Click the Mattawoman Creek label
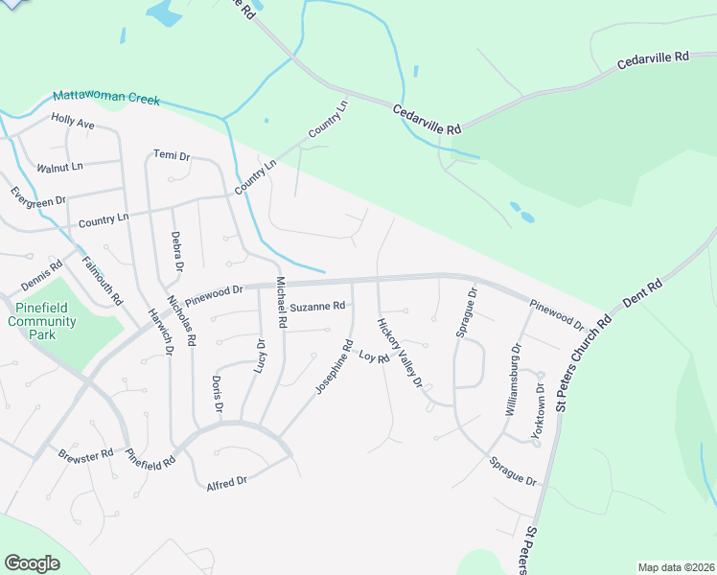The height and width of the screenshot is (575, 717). [x=105, y=97]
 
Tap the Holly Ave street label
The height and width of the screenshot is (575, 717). [x=73, y=123]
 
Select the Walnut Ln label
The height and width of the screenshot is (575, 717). [x=59, y=167]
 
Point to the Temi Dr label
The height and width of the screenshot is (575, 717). [x=172, y=155]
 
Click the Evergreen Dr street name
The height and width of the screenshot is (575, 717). [x=38, y=201]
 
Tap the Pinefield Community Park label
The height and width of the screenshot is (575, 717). [x=42, y=321]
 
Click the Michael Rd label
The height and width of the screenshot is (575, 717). [x=281, y=302]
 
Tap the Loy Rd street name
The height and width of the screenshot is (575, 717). [x=374, y=357]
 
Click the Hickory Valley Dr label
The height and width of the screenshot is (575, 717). [x=400, y=352]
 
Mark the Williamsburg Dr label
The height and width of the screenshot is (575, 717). [x=510, y=379]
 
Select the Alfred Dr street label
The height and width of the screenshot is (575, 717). [x=227, y=484]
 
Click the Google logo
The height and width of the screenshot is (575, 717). [x=33, y=563]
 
